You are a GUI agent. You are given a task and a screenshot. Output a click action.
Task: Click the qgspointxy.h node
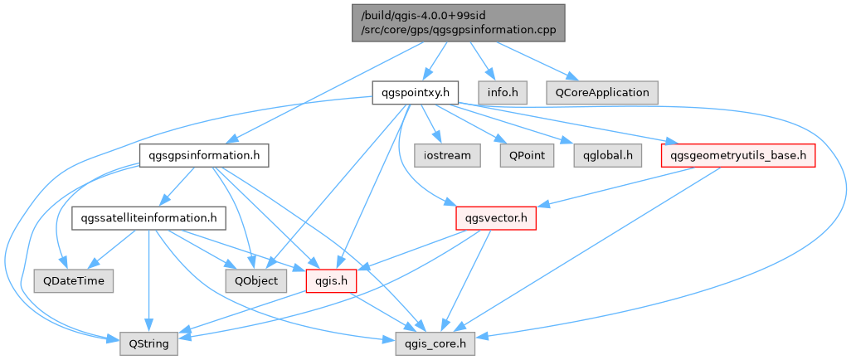click(416, 91)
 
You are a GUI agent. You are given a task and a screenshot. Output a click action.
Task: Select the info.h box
click(503, 91)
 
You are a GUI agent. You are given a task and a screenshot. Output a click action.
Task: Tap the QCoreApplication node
click(602, 91)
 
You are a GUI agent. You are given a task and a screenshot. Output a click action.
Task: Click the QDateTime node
click(73, 281)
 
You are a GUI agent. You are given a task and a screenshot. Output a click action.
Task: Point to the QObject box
click(256, 281)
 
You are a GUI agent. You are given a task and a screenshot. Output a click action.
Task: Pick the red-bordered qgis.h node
click(332, 281)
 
